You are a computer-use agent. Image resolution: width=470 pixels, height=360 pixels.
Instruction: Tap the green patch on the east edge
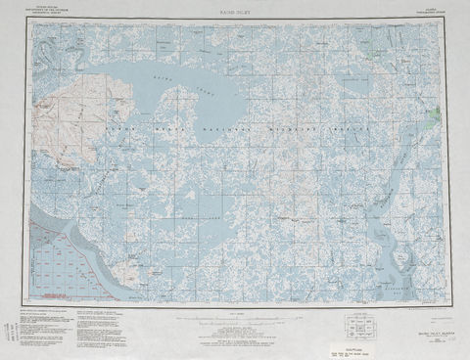pyautogui.click(x=435, y=116)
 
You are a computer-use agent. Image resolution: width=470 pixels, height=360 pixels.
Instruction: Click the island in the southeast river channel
pyautogui.click(x=399, y=259)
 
